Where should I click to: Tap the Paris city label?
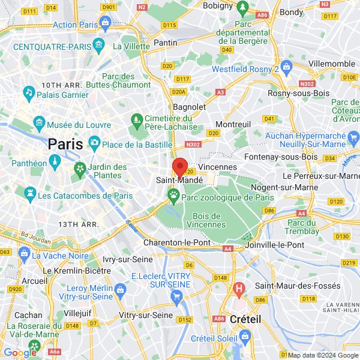(65, 144)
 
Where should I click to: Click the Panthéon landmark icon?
(55, 163)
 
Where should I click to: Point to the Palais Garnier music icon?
(28, 92)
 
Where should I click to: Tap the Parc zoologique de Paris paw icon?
(174, 194)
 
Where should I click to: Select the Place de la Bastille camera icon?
(94, 142)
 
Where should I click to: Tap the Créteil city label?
(245, 320)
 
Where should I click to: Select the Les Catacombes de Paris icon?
(29, 195)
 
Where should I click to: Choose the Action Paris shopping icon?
(106, 24)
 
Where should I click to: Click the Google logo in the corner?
(19, 353)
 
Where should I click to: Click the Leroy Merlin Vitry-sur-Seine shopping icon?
(120, 290)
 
